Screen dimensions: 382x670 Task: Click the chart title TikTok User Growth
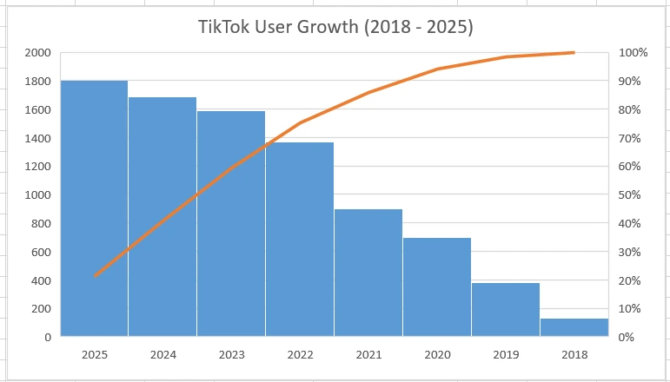(x=335, y=27)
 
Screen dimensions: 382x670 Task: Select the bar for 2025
(x=94, y=208)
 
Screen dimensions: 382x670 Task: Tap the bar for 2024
(x=163, y=217)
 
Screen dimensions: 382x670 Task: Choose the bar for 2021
(x=368, y=273)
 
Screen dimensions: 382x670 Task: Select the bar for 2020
(x=437, y=287)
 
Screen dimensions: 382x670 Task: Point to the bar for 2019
(x=506, y=310)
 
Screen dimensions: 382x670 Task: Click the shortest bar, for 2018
(x=574, y=327)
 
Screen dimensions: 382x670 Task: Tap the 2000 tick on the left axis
(x=37, y=53)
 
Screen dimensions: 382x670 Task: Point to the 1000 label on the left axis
(x=37, y=195)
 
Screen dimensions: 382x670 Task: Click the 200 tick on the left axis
(x=40, y=309)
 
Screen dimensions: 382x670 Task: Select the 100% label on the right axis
(x=633, y=53)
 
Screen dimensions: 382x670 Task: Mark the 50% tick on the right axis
(x=630, y=195)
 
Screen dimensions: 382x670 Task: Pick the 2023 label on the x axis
(x=231, y=355)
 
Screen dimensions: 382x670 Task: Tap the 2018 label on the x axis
(x=574, y=355)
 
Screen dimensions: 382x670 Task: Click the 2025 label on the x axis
(x=94, y=355)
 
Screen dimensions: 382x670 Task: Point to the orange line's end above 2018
(x=574, y=53)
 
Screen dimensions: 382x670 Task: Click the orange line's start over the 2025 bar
(x=95, y=276)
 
